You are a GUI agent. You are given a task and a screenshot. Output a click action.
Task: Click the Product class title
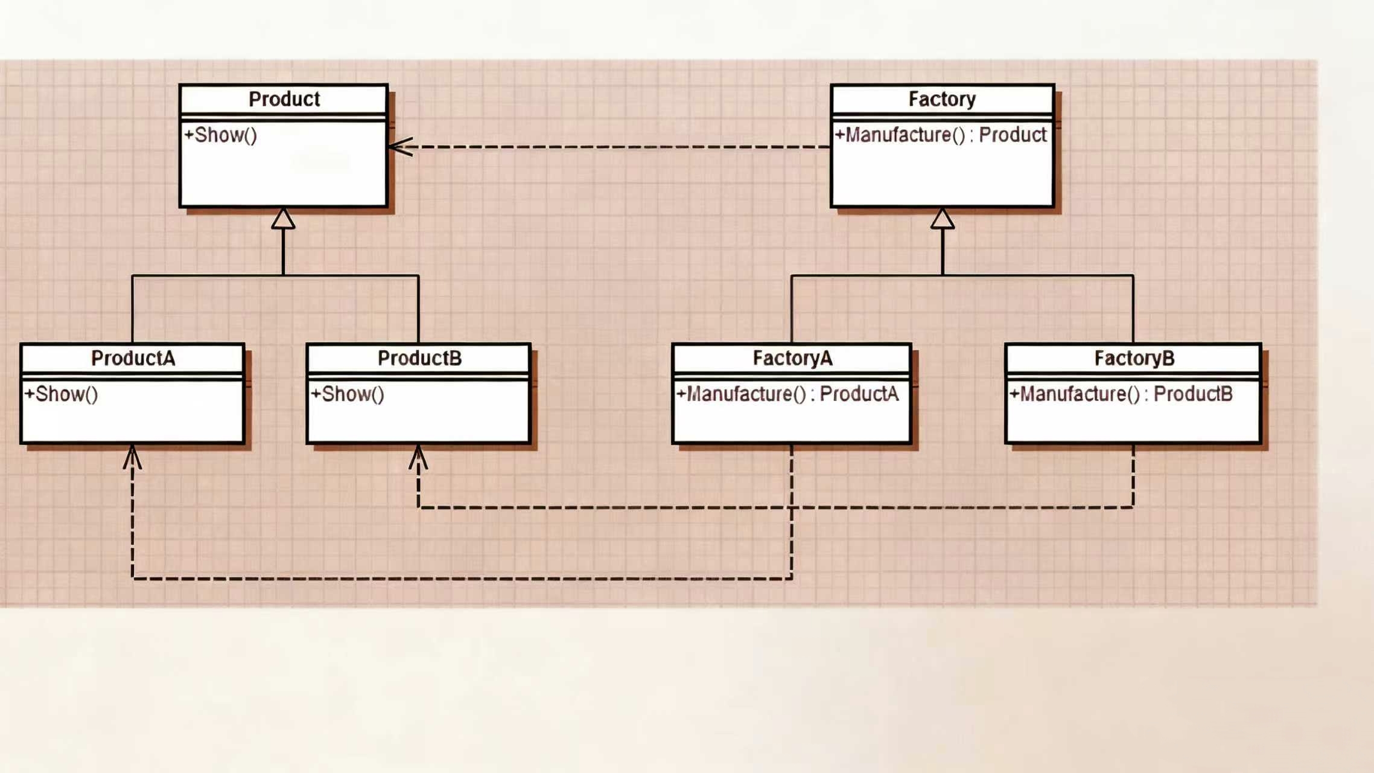pos(284,99)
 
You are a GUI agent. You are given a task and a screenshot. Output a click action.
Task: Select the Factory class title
pos(942,99)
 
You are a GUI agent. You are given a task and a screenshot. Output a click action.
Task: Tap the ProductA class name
pos(133,358)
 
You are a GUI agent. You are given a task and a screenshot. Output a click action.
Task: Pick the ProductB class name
pos(419,358)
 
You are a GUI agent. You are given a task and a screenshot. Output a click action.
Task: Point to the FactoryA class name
pos(792,358)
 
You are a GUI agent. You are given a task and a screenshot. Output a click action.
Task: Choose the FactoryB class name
pos(1134,358)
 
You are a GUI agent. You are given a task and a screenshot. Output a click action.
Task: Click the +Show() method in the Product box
pos(220,135)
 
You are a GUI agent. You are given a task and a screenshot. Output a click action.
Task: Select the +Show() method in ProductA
pos(61,394)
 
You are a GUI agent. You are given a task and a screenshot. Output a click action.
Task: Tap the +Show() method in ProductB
pos(348,394)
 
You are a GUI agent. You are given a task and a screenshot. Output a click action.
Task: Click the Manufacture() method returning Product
pos(940,135)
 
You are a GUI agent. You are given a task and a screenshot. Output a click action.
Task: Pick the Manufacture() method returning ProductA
pos(787,394)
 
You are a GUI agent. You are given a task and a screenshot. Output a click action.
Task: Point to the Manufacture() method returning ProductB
pos(1121,394)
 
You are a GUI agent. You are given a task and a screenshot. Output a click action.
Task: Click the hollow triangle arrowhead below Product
pos(283,219)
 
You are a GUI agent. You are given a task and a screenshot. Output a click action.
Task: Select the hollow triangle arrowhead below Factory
pos(943,219)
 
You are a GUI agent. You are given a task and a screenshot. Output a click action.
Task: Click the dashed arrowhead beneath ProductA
pos(132,457)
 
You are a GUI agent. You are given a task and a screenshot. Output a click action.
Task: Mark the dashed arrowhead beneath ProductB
pos(418,457)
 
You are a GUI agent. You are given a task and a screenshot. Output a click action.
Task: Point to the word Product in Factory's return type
pos(1013,135)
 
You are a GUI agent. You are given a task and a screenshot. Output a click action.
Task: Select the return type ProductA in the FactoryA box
pos(859,394)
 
